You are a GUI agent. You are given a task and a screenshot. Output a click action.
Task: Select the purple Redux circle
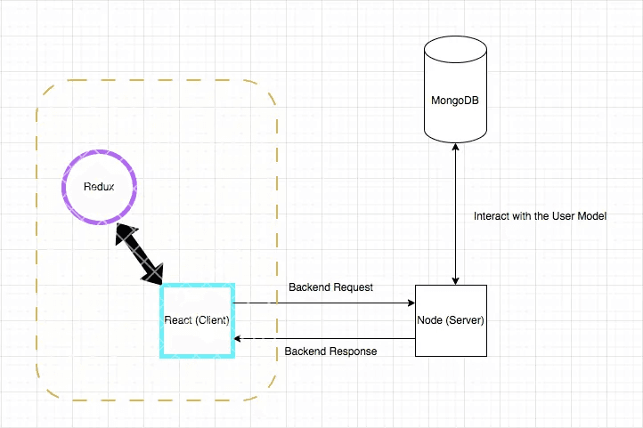[99, 187]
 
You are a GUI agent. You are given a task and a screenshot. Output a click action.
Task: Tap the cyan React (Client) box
[197, 320]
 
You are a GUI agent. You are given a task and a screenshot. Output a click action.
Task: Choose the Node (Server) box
[451, 320]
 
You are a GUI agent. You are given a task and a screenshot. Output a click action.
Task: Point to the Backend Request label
[330, 287]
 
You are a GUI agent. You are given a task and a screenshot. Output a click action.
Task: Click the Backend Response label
[330, 351]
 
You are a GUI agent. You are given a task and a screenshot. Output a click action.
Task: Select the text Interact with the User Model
[540, 216]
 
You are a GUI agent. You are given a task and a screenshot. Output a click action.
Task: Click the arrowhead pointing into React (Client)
[239, 339]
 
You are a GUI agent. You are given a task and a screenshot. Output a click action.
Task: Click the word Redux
[99, 187]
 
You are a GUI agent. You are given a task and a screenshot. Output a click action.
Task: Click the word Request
[354, 287]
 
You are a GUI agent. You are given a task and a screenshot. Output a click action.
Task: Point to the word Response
[353, 351]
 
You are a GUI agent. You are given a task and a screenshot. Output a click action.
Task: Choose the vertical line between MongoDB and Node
[456, 214]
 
